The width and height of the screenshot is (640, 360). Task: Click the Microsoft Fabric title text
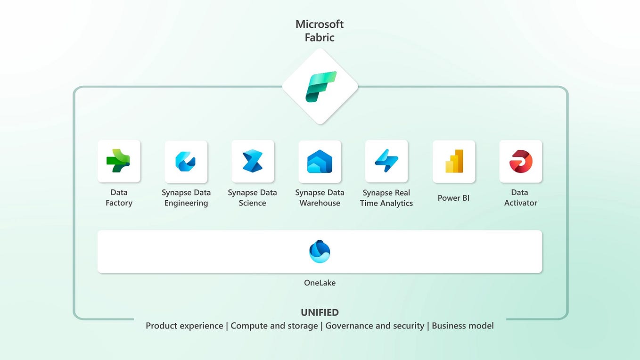[320, 31]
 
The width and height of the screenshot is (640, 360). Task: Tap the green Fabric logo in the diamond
[320, 87]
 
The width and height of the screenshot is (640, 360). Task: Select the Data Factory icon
[119, 161]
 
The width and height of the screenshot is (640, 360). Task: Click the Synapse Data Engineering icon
[186, 161]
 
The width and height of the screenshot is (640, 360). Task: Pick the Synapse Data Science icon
[253, 161]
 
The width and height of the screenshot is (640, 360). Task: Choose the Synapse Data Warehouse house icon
[320, 161]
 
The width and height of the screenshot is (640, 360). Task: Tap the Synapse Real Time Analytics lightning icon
[386, 161]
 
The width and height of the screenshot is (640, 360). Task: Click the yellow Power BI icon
[454, 161]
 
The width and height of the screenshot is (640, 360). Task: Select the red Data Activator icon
[521, 161]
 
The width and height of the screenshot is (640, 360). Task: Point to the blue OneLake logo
[320, 251]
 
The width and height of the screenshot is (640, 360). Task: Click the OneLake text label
[320, 283]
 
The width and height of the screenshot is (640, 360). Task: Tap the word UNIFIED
[320, 312]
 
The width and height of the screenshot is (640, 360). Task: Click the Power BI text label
[453, 198]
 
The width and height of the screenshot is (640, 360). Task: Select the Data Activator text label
[520, 198]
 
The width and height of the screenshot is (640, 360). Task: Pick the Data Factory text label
[119, 198]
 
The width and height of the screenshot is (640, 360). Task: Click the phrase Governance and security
[375, 326]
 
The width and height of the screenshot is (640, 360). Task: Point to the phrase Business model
[463, 326]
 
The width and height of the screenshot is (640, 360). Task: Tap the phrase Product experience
[184, 326]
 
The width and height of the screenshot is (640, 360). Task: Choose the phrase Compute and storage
[274, 326]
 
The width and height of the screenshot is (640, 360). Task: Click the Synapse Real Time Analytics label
[386, 198]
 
